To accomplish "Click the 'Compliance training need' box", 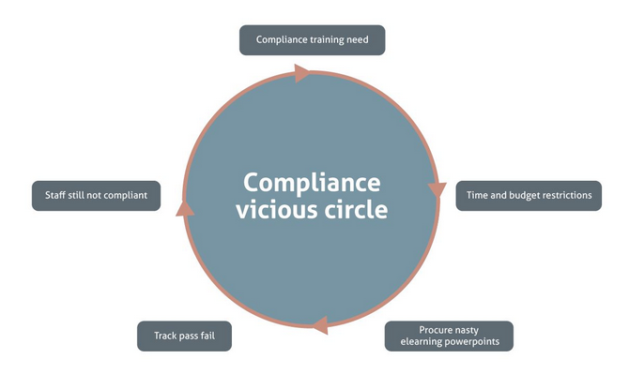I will click(313, 39).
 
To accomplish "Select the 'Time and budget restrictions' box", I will click(529, 195).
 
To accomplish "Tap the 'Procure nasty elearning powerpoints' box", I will click(450, 336).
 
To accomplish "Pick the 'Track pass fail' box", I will click(184, 336).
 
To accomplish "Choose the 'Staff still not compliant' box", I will click(97, 195).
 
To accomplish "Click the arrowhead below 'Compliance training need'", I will click(302, 72).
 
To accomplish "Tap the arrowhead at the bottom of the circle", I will click(319, 325).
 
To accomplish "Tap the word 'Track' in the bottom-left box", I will click(156, 336).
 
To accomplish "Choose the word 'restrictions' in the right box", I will click(569, 195).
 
